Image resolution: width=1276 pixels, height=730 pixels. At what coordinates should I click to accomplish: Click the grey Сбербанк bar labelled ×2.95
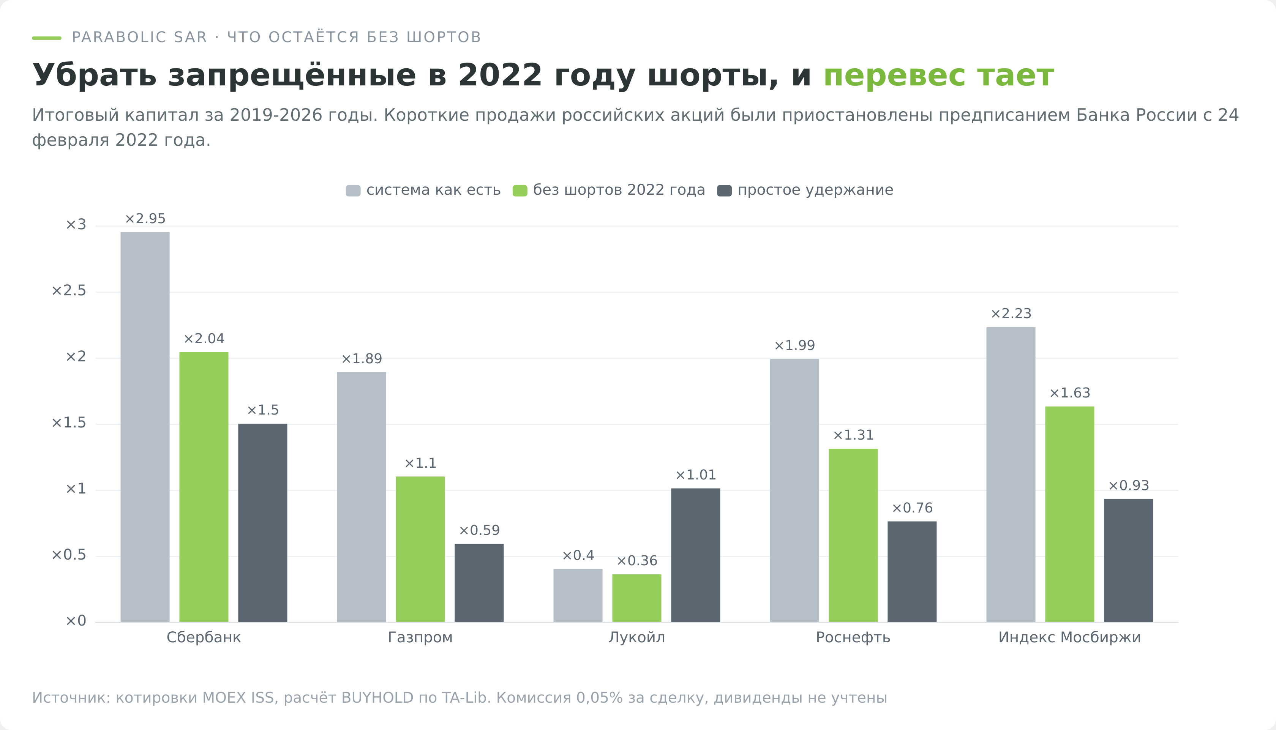(x=145, y=427)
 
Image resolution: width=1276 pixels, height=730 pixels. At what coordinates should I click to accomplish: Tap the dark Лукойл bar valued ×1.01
(x=696, y=555)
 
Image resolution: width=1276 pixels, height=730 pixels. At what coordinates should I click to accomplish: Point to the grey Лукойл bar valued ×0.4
(x=578, y=595)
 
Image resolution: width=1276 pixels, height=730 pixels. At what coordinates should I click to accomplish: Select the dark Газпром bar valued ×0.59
(x=479, y=583)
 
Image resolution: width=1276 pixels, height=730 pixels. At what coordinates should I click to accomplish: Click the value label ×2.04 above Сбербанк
(x=204, y=339)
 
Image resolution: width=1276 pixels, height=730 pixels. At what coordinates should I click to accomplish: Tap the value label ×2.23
(x=1011, y=314)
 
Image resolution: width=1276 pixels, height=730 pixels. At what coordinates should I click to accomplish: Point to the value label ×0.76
(x=912, y=508)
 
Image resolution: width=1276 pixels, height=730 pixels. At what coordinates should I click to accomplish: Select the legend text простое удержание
(x=816, y=190)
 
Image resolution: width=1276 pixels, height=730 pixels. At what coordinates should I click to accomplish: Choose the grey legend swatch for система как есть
(x=353, y=191)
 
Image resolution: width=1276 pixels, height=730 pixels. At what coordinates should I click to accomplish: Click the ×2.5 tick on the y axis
(x=69, y=291)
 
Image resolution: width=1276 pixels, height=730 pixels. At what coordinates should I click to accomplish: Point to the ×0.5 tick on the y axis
(x=69, y=555)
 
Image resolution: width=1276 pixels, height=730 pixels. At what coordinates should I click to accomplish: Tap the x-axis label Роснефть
(x=853, y=637)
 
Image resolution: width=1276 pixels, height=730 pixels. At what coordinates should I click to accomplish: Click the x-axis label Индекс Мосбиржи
(x=1069, y=637)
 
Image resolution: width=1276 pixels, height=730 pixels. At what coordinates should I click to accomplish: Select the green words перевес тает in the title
(x=938, y=75)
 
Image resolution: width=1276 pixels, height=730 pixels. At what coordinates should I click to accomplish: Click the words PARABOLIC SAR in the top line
(x=139, y=37)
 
